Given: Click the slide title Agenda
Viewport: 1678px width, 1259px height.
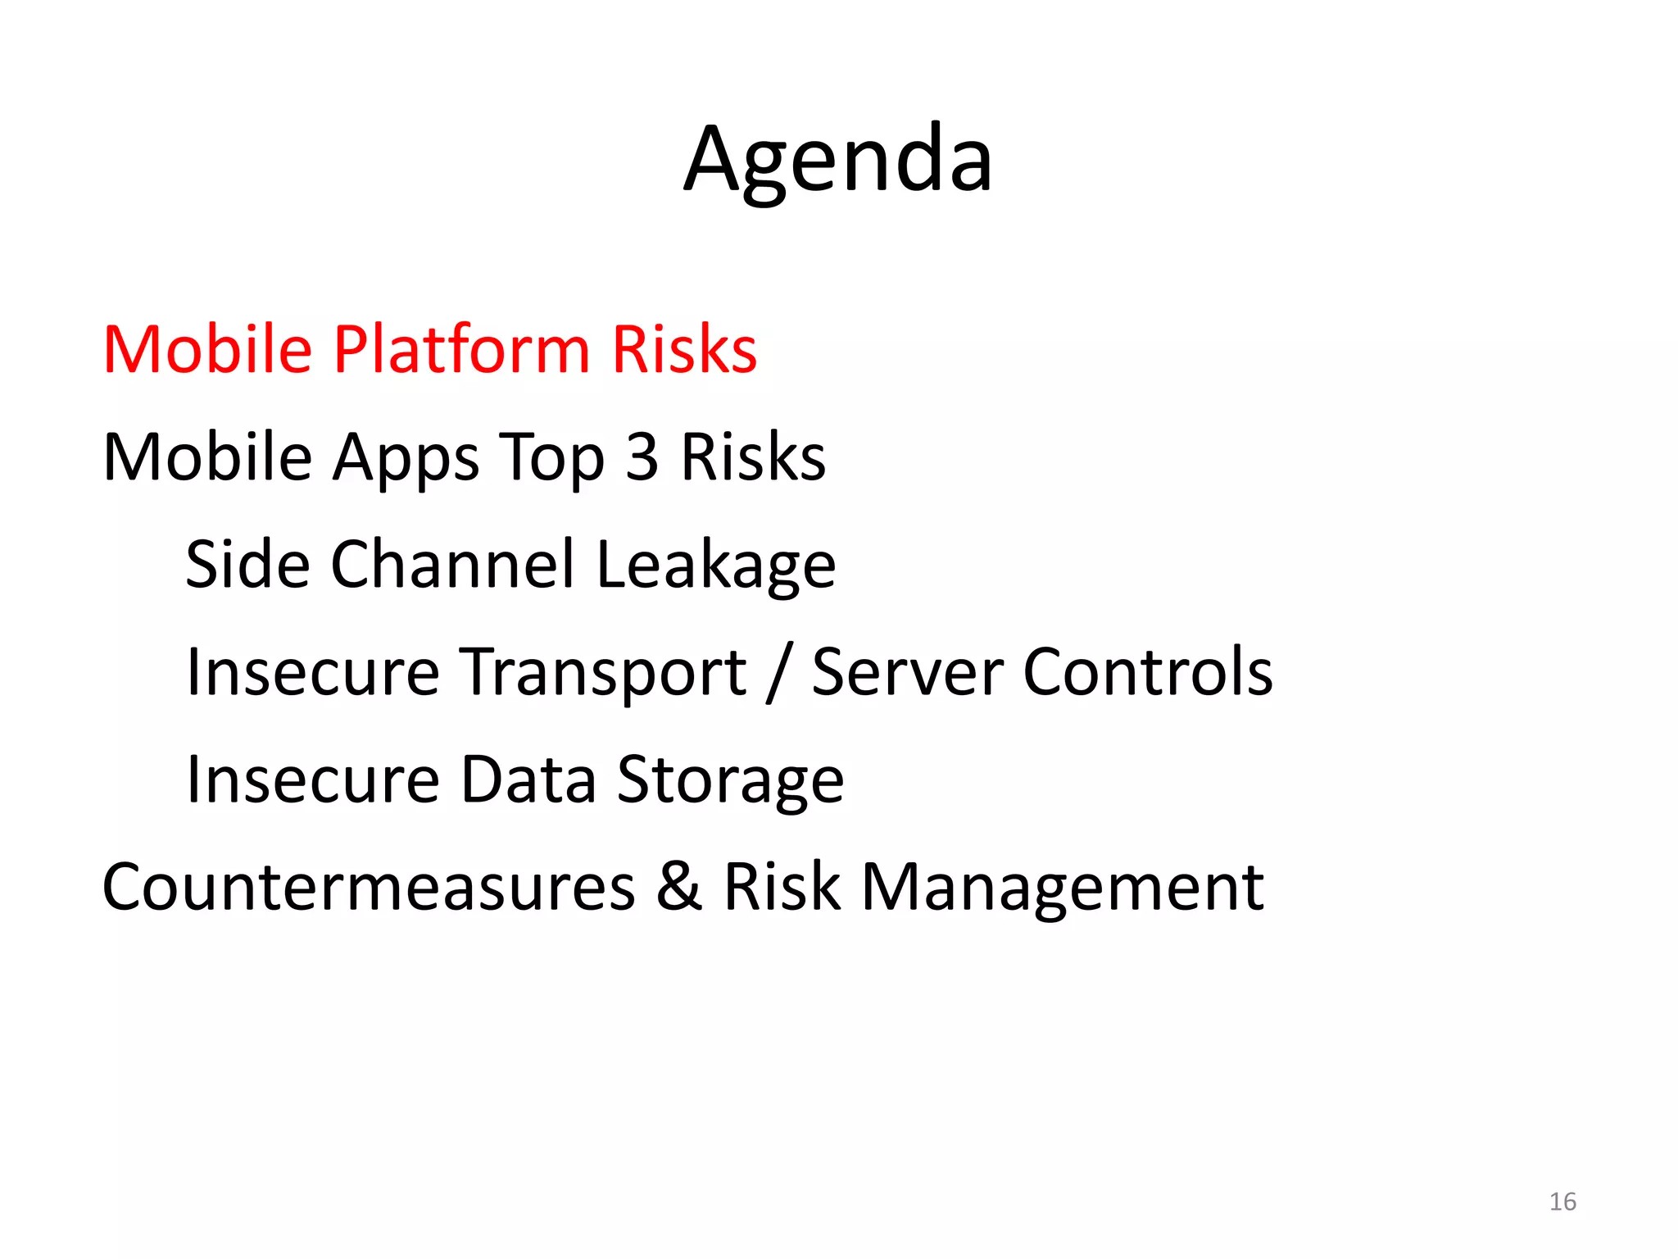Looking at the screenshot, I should [x=838, y=160].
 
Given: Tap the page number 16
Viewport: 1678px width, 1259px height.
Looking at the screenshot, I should [x=1562, y=1202].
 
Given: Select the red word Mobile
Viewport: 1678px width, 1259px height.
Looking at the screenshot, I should [x=207, y=350].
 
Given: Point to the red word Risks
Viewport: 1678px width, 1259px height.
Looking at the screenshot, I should [x=684, y=350].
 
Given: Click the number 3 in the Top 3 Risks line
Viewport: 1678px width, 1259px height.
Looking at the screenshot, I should [x=642, y=457].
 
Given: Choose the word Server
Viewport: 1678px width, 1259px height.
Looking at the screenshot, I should [x=907, y=672].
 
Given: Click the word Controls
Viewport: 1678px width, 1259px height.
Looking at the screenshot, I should [x=1148, y=672].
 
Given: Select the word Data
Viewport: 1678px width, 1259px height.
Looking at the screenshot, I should [x=528, y=779].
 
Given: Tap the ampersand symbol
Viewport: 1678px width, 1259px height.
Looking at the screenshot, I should [x=679, y=887].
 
